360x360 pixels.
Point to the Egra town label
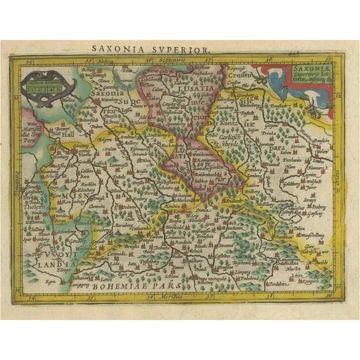coord(50,279)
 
